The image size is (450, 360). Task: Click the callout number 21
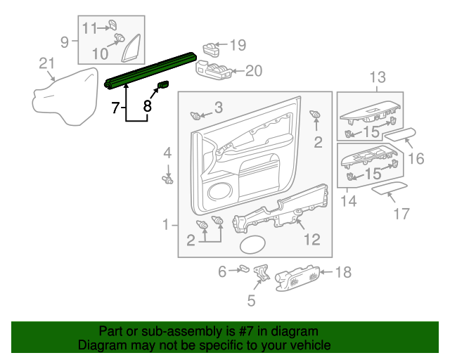click(x=46, y=65)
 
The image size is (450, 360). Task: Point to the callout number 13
click(x=378, y=77)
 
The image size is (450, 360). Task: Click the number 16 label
click(x=416, y=159)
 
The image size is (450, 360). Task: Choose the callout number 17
click(x=401, y=214)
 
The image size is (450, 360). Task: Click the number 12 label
click(x=311, y=240)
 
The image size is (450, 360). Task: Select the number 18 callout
click(x=343, y=272)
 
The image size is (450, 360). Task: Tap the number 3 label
click(x=219, y=107)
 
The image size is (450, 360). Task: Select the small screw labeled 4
click(x=167, y=179)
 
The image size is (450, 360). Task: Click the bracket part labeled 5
click(x=263, y=272)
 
